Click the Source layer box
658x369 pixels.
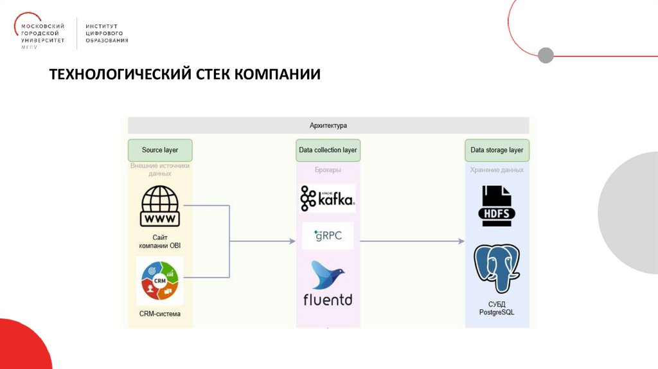click(160, 150)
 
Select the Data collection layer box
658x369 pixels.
click(328, 150)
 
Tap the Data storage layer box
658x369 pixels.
click(497, 150)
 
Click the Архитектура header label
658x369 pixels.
click(328, 125)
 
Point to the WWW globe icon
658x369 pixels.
click(160, 206)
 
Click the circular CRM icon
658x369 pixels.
click(160, 281)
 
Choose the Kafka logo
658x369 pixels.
click(327, 199)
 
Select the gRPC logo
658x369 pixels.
click(328, 235)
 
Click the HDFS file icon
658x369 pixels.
click(497, 205)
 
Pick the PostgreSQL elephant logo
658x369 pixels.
click(497, 268)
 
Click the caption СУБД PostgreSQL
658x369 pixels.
click(497, 308)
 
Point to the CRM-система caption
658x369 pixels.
click(160, 314)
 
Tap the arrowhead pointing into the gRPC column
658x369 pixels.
click(292, 241)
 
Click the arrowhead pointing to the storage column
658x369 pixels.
click(461, 241)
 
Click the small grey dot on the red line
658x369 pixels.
click(546, 55)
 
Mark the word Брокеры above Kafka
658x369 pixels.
click(328, 170)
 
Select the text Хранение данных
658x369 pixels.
click(497, 170)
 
